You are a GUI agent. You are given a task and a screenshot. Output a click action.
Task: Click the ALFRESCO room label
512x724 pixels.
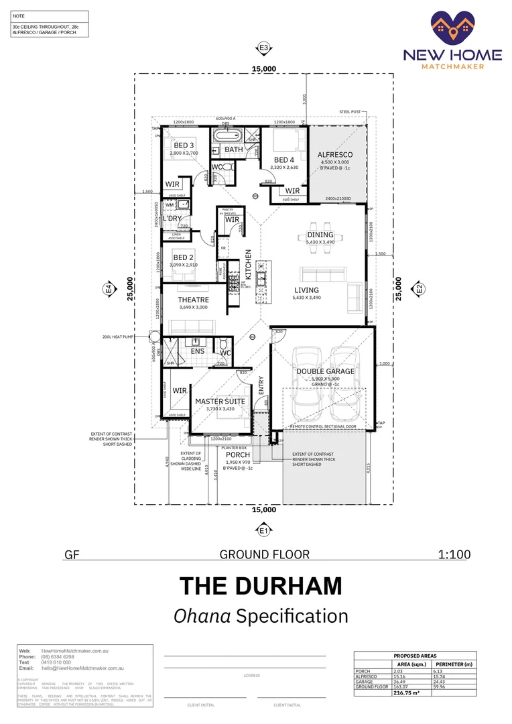coord(334,155)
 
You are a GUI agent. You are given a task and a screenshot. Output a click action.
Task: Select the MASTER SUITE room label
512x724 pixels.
coord(220,402)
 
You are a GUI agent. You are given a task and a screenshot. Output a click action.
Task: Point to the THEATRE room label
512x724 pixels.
coord(193,300)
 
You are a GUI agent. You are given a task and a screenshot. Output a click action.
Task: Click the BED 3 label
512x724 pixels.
coord(184,145)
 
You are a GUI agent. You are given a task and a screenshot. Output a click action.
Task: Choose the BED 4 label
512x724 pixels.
coord(283,160)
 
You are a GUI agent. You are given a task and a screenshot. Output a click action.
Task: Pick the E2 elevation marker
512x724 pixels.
coord(420,289)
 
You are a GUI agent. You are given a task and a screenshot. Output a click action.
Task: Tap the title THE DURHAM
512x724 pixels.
coord(261,585)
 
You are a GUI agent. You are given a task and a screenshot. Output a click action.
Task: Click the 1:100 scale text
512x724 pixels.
coord(454,554)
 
